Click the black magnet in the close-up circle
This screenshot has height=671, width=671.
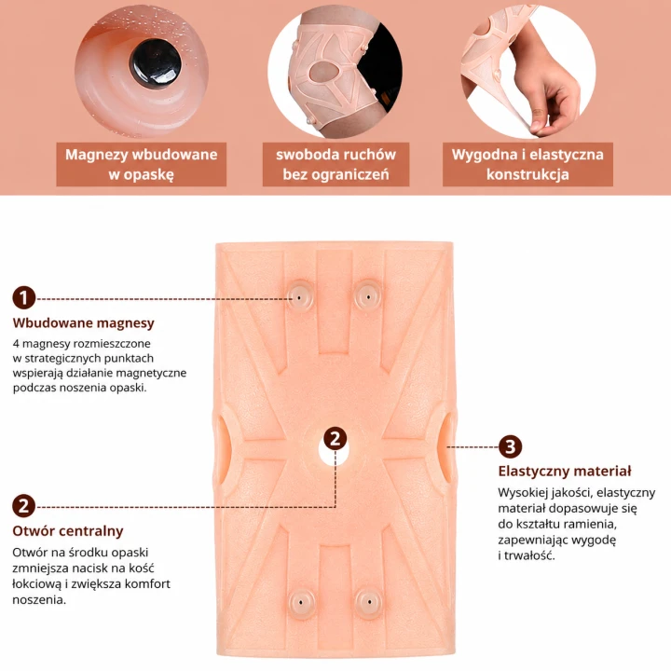point(155,64)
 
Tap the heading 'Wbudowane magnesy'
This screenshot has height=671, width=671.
point(84,322)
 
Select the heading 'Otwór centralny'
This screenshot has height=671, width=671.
point(68,531)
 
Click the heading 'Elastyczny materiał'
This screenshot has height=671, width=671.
point(565,472)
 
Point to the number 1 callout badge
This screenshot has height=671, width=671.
point(24,298)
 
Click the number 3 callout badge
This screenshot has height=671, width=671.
point(510,446)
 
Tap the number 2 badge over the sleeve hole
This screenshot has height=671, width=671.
point(335,439)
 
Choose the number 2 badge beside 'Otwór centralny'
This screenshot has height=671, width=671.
point(24,506)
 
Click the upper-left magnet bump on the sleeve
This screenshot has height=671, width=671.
point(300,296)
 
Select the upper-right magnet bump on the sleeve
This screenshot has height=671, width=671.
point(368,296)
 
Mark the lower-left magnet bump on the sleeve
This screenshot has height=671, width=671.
point(301,602)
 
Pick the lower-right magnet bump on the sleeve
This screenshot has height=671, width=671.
point(369,602)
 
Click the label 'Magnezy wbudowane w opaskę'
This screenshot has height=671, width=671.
point(142,164)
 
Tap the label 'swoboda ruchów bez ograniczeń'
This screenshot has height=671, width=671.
point(335,164)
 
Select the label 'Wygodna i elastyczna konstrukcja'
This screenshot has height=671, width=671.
point(527,164)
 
